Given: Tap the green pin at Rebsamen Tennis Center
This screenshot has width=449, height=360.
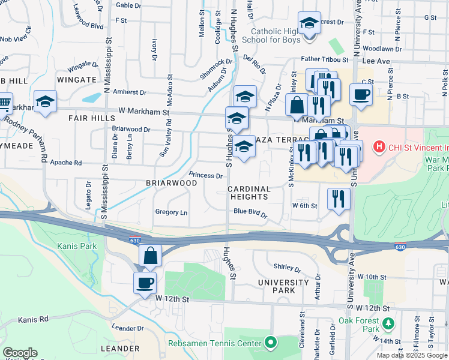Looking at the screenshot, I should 271,344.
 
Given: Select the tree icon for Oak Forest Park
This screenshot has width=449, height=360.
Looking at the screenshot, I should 388,323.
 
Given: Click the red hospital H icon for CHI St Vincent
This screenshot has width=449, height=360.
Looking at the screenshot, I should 379,146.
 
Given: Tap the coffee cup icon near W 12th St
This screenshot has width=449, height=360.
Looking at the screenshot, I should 145,283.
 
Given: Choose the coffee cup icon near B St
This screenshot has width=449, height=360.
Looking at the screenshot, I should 361,95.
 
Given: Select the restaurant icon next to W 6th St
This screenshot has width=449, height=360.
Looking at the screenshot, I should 339,199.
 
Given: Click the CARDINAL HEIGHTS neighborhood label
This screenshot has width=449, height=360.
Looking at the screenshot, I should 249,193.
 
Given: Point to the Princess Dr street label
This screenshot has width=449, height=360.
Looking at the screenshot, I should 206,176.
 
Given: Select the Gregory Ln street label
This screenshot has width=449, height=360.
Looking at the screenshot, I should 171,212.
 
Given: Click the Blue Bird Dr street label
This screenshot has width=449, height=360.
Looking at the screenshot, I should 250,211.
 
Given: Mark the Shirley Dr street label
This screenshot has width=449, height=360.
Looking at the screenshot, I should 286,267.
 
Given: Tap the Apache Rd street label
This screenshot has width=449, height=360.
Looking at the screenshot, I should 65,163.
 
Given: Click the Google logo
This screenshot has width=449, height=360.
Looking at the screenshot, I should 20,353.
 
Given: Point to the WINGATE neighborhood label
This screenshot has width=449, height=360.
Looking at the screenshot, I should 76,79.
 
